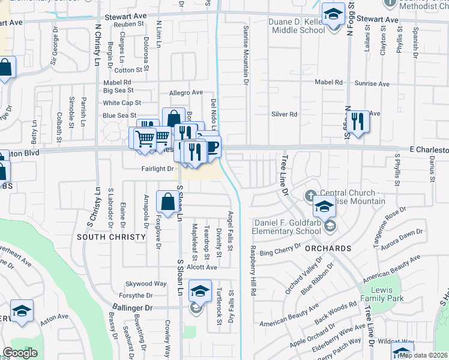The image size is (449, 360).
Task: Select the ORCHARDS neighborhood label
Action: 327,248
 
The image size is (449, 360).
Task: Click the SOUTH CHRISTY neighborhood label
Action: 112,237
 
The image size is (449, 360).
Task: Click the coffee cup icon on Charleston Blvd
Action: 211,146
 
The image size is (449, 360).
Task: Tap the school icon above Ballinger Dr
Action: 199,291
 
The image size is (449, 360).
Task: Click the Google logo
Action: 20,353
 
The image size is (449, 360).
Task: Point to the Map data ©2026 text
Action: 424,355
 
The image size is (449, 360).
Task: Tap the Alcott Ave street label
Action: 201,267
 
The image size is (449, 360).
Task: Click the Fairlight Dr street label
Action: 158,169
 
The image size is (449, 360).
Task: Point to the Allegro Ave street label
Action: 185,92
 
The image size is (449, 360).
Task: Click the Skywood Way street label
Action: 145,283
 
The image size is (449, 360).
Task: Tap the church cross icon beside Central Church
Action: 310,195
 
